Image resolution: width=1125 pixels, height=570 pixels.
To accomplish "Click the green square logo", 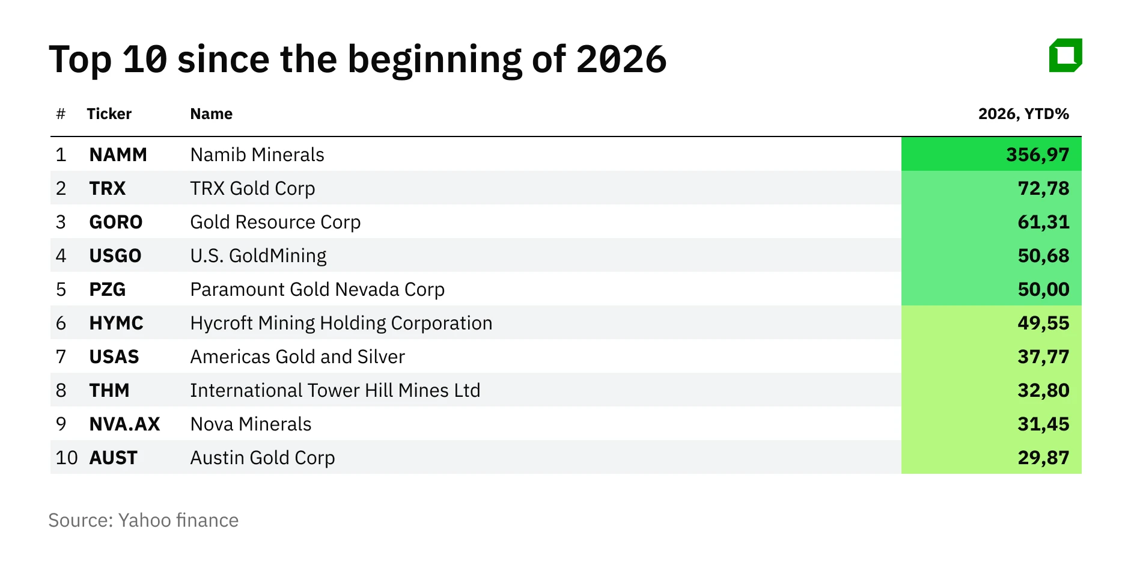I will pyautogui.click(x=1065, y=56).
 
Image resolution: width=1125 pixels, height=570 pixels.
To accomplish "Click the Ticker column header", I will pyautogui.click(x=109, y=114).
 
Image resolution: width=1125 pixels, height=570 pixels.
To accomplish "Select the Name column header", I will pyautogui.click(x=211, y=114).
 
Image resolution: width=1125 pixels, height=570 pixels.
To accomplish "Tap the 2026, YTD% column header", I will pyautogui.click(x=1023, y=114).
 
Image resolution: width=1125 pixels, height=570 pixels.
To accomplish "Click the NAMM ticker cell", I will pyautogui.click(x=118, y=155).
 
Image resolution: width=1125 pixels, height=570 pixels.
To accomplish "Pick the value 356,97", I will pyautogui.click(x=1037, y=155).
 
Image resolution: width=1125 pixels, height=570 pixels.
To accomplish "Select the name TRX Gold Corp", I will pyautogui.click(x=252, y=188).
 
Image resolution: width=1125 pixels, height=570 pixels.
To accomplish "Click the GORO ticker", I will pyautogui.click(x=115, y=222).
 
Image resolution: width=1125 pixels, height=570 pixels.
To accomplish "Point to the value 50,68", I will pyautogui.click(x=1043, y=256).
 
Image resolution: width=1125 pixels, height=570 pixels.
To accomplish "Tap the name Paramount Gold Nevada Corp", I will pyautogui.click(x=317, y=289).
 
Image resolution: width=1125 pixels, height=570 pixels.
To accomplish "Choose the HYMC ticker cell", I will pyautogui.click(x=116, y=323).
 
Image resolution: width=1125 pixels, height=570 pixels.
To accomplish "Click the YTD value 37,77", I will pyautogui.click(x=1043, y=357).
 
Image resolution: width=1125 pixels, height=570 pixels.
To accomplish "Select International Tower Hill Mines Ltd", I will pyautogui.click(x=335, y=390).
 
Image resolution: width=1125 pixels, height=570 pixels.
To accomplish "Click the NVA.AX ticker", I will pyautogui.click(x=124, y=424).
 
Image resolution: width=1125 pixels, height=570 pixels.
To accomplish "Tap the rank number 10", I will pyautogui.click(x=67, y=458).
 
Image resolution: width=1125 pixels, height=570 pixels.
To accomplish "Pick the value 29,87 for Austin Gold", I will pyautogui.click(x=1043, y=458).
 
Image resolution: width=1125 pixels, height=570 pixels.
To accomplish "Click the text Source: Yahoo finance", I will pyautogui.click(x=143, y=520).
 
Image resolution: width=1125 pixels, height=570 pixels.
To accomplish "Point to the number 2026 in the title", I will pyautogui.click(x=621, y=60).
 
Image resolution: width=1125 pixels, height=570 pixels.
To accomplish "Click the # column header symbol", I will pyautogui.click(x=61, y=114).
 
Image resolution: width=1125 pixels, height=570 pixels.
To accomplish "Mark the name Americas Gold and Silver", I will pyautogui.click(x=297, y=357).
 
